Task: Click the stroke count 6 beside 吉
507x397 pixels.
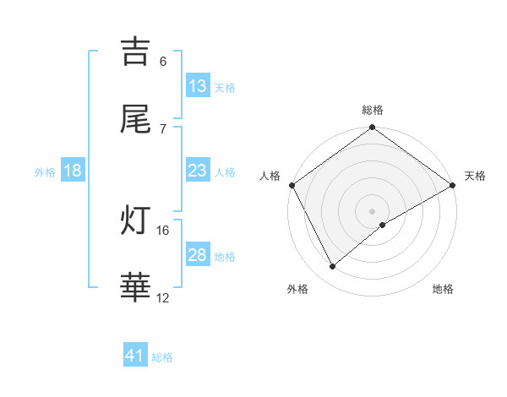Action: (163, 61)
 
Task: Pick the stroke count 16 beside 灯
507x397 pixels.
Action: (163, 230)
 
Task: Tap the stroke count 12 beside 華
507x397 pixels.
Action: (163, 297)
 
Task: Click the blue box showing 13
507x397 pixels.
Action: (198, 86)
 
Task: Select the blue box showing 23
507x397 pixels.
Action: (198, 171)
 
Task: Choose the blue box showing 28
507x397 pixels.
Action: (198, 255)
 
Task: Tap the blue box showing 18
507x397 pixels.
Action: (73, 171)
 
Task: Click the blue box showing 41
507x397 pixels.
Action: (135, 356)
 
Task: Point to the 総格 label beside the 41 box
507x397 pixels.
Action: (162, 356)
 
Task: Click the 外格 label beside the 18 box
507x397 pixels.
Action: (45, 171)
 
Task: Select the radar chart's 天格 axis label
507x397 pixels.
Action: (475, 176)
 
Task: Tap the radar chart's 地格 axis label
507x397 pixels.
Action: (443, 289)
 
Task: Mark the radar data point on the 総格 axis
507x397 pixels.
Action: (372, 128)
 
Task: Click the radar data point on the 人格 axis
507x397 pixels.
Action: (292, 185)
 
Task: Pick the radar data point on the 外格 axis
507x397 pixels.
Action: (333, 266)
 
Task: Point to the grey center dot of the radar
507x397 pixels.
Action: (372, 210)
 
